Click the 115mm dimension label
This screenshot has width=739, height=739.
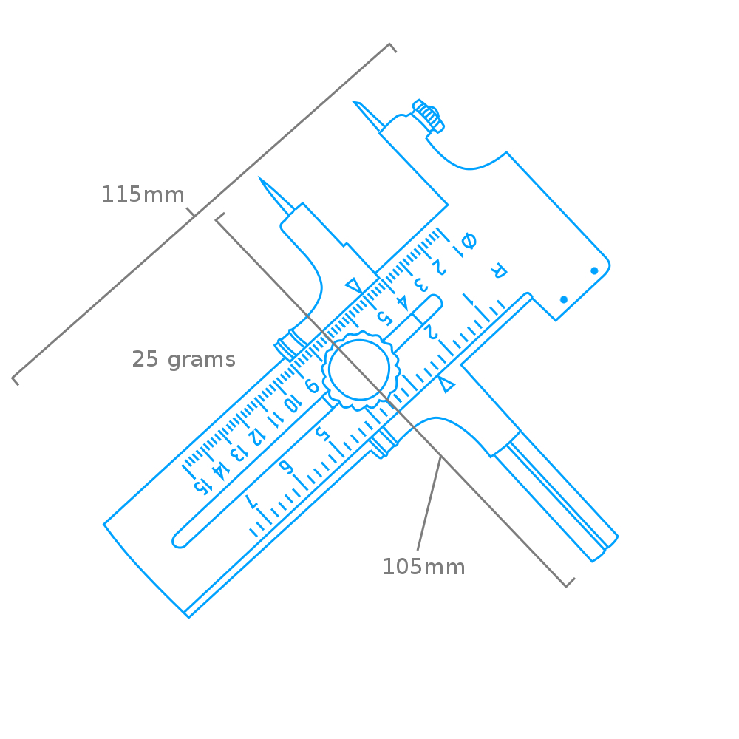pos(143,194)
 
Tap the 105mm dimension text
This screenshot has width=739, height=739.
pos(423,567)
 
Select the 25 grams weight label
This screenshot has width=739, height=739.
pos(184,360)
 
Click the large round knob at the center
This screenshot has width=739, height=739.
pos(361,370)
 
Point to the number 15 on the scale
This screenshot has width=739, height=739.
pos(202,486)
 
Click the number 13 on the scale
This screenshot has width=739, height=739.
pos(239,453)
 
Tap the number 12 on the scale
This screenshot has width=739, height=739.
pos(256,437)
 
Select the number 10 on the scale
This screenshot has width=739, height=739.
pos(292,403)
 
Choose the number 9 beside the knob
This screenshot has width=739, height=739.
pos(312,386)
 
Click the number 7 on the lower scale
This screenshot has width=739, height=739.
pos(252,501)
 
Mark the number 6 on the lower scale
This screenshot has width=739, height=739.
pos(286,466)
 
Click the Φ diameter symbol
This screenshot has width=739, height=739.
pos(469,241)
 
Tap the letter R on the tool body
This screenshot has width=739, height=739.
pos(498,270)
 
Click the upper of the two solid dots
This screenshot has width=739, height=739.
pos(594,270)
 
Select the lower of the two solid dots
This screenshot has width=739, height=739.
pos(564,300)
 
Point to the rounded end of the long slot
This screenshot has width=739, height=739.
pos(178,542)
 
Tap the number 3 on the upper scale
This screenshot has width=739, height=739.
pos(421,285)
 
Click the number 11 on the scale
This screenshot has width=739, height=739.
pos(275,420)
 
